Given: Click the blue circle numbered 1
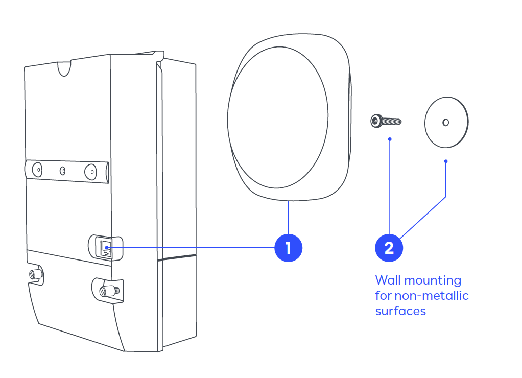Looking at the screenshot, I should click(288, 248).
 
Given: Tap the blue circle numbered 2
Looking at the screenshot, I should click(389, 248).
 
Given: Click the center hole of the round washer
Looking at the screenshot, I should click(445, 122).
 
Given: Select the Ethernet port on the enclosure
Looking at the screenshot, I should click(106, 248).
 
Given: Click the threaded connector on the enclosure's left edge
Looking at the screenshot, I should click(35, 274).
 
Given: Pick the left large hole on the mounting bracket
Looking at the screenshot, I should click(37, 169).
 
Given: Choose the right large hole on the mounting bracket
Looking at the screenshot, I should click(90, 171).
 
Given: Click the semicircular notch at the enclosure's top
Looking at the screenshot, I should click(64, 68).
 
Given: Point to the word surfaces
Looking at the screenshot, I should click(400, 311).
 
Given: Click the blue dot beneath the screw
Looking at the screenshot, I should click(390, 139).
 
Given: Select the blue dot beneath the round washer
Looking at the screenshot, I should click(446, 161).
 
